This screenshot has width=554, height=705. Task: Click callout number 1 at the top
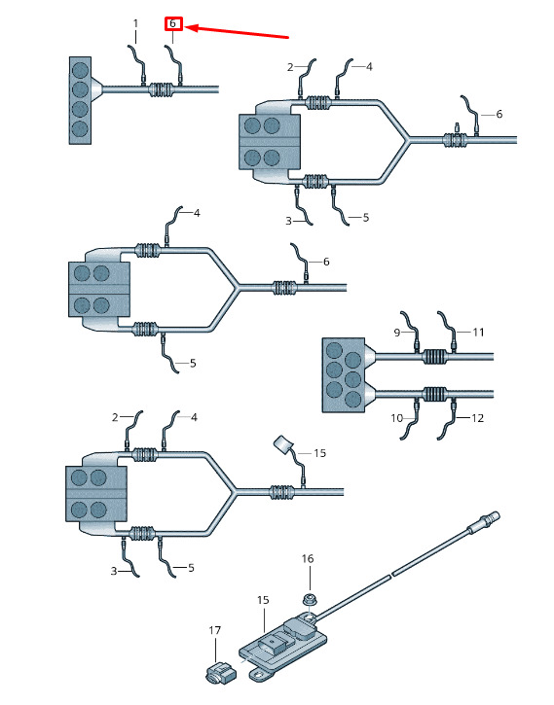136,23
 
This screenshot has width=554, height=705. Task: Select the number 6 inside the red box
172,23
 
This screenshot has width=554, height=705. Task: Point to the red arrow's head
186,28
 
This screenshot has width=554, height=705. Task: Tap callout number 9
397,333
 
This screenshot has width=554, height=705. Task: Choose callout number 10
396,418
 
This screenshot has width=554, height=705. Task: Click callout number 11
478,333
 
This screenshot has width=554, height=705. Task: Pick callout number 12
477,418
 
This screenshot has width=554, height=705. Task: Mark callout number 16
308,558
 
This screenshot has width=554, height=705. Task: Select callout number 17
214,630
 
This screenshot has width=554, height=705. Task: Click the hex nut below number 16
309,598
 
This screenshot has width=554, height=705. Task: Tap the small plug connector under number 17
220,672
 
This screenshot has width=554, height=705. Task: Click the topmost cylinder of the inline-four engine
80,70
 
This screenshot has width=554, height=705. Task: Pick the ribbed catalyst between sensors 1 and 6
162,89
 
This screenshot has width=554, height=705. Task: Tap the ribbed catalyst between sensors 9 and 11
434,357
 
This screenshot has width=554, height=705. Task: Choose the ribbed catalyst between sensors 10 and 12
434,394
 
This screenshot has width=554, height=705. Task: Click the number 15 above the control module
263,600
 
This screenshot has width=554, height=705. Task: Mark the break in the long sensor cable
390,574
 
